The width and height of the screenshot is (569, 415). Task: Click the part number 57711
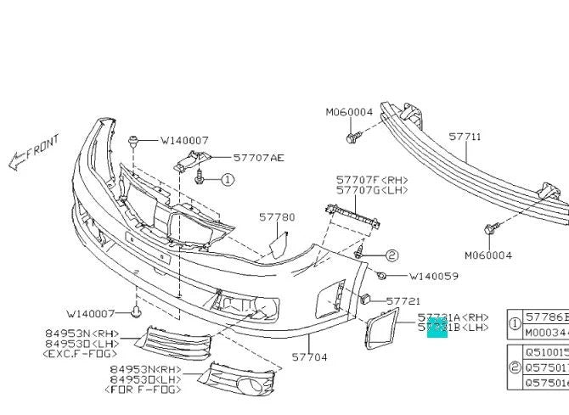coord(465,136)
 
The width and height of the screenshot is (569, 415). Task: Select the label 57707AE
coord(259,157)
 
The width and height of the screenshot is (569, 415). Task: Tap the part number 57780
coord(278,217)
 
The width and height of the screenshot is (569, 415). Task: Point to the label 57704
coord(309,357)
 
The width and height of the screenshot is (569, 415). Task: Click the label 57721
coord(403,300)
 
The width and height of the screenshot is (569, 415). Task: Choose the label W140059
coord(434,276)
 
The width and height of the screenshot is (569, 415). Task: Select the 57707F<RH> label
coord(371,180)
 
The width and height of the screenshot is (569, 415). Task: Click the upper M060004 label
coord(349,111)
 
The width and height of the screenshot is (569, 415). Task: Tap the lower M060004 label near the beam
coord(487,255)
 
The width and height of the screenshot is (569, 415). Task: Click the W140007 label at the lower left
coord(91,313)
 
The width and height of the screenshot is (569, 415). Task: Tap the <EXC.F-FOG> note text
coord(80,353)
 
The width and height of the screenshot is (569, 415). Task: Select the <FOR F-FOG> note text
coord(144,390)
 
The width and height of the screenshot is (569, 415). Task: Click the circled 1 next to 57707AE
coord(228,180)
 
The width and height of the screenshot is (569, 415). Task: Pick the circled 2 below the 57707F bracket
coord(392,255)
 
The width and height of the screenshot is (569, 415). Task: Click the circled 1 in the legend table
coord(515,323)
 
